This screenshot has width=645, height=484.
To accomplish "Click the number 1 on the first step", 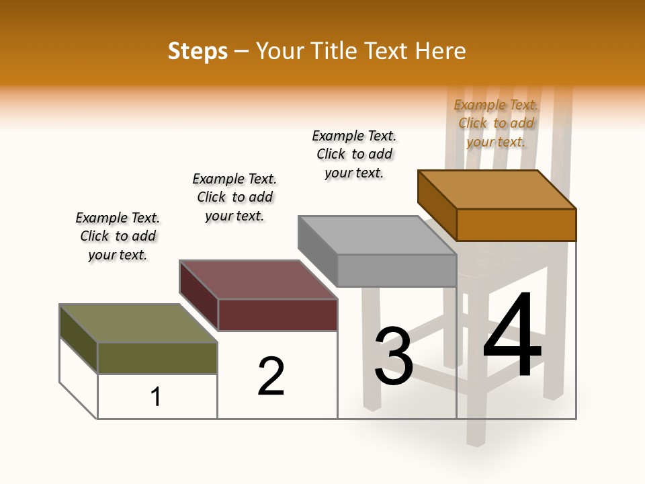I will (156, 397).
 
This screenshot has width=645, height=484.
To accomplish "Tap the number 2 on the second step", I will (271, 376).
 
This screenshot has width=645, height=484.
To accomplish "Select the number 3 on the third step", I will (394, 356).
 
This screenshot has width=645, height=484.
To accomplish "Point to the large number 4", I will (513, 336).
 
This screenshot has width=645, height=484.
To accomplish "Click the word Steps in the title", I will (198, 51).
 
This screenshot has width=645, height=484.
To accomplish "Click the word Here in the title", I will (441, 51).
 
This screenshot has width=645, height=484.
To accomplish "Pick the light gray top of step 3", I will (377, 235).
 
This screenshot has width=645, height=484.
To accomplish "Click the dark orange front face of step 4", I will (516, 225).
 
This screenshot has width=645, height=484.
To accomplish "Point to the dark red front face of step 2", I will (277, 315).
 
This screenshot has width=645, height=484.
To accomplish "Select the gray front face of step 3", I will (396, 270).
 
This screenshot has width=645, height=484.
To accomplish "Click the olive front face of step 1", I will (157, 358).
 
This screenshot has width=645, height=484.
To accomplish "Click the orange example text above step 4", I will (496, 123).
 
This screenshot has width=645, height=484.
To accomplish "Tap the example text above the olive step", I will (118, 236).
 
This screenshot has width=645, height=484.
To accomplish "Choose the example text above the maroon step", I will (234, 197).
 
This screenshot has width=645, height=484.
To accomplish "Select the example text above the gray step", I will (354, 154).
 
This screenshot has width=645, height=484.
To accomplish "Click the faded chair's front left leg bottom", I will (475, 440).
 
